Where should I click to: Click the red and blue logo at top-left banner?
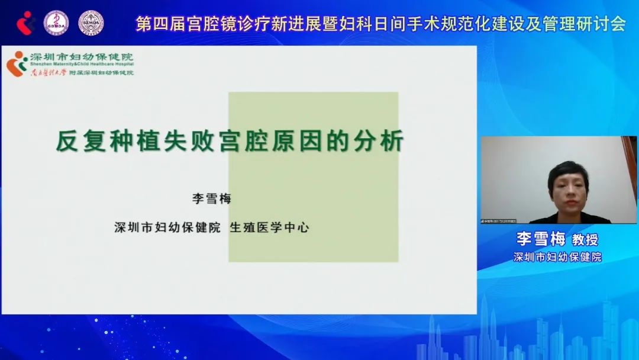(x=25, y=22)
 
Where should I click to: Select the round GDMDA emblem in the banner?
(x=56, y=22)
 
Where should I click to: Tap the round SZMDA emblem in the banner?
(x=91, y=22)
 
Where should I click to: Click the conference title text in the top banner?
(x=380, y=24)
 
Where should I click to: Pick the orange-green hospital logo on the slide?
(x=17, y=63)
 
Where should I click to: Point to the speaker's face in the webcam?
(x=567, y=184)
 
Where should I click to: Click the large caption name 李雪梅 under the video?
(x=541, y=239)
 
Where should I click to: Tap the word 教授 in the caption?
(x=585, y=240)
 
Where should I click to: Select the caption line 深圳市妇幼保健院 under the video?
(x=557, y=258)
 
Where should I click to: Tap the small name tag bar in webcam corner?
(x=498, y=221)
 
